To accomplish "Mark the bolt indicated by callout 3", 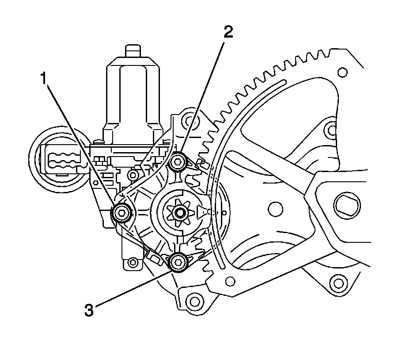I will coord(178,262).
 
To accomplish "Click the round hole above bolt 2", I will coord(189,119).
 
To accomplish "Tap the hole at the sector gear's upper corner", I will coord(342,71).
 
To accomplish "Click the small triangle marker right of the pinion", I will coord(203,212).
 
